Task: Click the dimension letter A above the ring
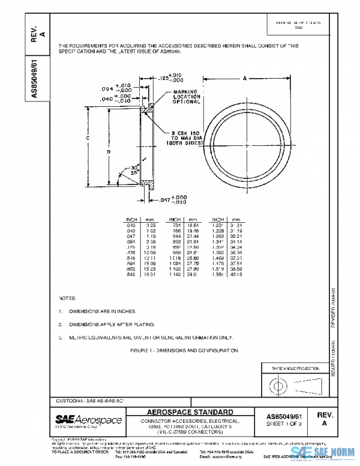pyautogui.click(x=246, y=78)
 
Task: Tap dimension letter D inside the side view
pyautogui.click(x=109, y=153)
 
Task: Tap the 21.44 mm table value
pyautogui.click(x=193, y=236)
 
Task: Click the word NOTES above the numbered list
pyautogui.click(x=67, y=298)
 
